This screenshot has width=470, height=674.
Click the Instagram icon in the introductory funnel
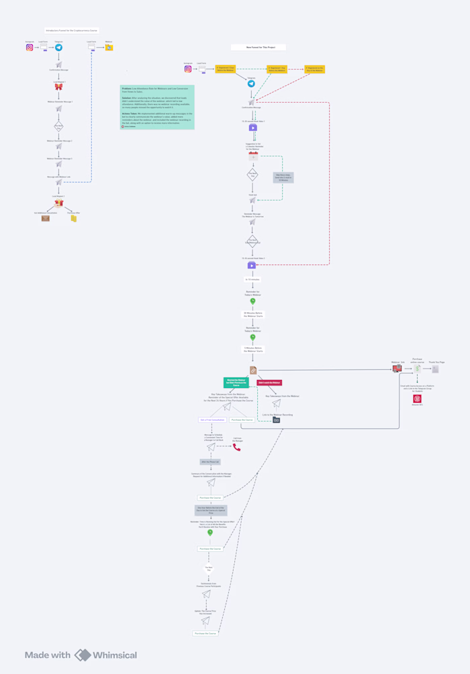point(30,48)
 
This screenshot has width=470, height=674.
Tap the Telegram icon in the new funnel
point(251,84)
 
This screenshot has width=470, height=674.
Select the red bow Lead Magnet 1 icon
point(58,87)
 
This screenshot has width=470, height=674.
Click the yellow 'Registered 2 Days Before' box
point(226,68)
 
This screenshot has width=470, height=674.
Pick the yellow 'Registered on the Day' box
point(314,68)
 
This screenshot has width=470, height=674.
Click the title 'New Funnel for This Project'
point(258,48)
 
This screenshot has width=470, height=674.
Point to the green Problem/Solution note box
point(157,107)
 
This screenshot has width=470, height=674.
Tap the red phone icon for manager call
point(237,447)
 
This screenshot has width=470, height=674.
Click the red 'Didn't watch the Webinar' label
point(269,383)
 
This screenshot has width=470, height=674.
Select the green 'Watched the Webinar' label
point(236,383)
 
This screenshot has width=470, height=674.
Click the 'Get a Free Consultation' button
point(212,420)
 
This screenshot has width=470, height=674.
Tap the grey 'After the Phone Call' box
point(210,462)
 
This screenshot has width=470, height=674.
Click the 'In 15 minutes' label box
point(252,279)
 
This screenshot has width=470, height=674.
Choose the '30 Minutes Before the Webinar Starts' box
point(253,314)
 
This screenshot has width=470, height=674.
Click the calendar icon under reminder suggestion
point(253,156)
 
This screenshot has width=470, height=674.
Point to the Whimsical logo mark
point(83,655)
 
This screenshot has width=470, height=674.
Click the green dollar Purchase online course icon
point(417,369)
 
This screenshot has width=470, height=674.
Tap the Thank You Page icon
point(436,369)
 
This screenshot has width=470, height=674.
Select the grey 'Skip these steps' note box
point(283,178)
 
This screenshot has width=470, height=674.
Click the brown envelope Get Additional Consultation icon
point(46,218)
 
